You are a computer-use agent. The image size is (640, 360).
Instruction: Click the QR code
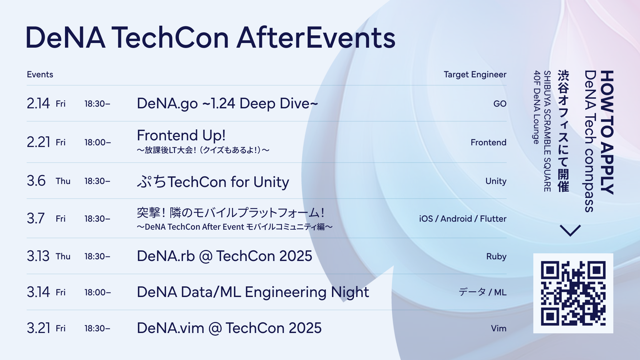click(x=573, y=293)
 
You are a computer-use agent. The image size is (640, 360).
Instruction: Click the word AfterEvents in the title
click(x=316, y=38)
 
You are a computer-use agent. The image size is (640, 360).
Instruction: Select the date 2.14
click(x=38, y=104)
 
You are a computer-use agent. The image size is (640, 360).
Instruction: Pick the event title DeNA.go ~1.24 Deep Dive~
click(x=227, y=104)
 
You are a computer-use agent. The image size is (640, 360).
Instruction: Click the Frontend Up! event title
click(x=181, y=135)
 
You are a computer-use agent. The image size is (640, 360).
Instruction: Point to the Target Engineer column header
click(x=475, y=75)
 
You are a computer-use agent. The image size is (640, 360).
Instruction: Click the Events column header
click(x=40, y=74)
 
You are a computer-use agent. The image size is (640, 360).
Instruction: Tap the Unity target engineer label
click(x=496, y=181)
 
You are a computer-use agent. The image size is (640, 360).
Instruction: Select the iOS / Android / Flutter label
click(x=463, y=219)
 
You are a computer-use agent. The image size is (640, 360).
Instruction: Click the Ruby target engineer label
click(x=496, y=257)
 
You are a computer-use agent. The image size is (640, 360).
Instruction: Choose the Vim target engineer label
click(x=499, y=328)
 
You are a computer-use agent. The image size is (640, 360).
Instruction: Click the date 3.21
click(x=38, y=328)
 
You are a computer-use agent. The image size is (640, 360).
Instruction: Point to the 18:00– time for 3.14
click(x=98, y=292)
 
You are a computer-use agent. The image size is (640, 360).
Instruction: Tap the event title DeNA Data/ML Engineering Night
click(x=253, y=292)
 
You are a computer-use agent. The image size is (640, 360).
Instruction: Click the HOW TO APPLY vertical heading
click(x=607, y=132)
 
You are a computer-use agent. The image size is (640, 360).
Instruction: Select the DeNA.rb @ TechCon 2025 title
click(x=224, y=256)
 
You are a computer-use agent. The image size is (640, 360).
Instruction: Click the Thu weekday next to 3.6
click(x=63, y=181)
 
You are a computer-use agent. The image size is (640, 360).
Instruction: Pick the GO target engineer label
click(x=500, y=104)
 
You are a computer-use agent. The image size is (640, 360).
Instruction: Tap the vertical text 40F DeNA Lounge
click(x=536, y=107)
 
